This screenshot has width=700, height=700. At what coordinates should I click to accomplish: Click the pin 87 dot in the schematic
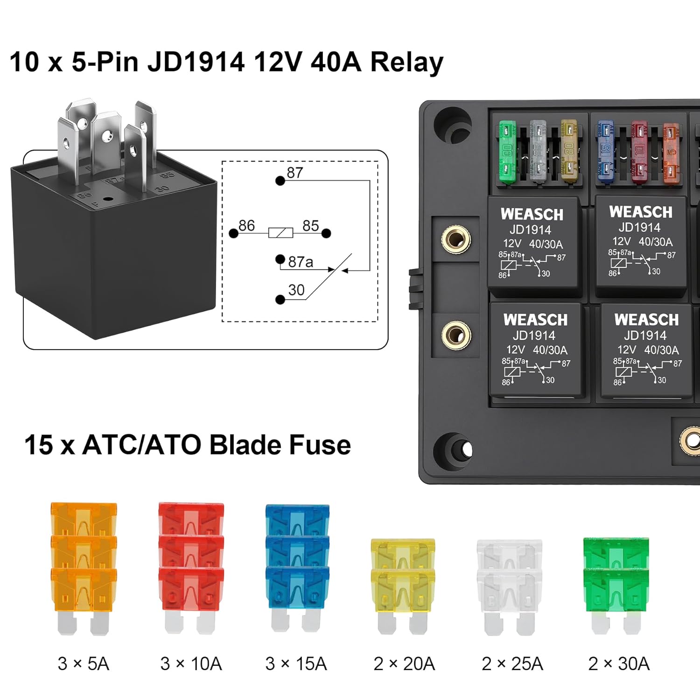click(280, 181)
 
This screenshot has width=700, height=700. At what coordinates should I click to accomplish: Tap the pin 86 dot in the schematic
click(234, 233)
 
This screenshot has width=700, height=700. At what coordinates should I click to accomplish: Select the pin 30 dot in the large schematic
click(280, 300)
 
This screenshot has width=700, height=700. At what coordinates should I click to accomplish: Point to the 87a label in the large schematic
click(301, 262)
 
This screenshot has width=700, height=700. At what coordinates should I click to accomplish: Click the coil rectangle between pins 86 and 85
click(280, 233)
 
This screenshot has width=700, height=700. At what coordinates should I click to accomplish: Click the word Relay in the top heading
click(406, 63)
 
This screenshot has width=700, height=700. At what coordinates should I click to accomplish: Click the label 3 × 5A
click(84, 664)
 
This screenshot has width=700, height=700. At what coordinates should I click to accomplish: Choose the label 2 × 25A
click(512, 664)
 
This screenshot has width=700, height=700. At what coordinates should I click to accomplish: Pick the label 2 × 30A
click(619, 664)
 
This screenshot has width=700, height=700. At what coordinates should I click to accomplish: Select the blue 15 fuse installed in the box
click(605, 150)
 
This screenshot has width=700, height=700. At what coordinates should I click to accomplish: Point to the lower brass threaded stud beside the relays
click(456, 335)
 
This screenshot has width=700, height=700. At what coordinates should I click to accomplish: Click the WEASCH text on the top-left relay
click(532, 214)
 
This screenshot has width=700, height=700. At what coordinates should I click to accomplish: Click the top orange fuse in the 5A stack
click(84, 518)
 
